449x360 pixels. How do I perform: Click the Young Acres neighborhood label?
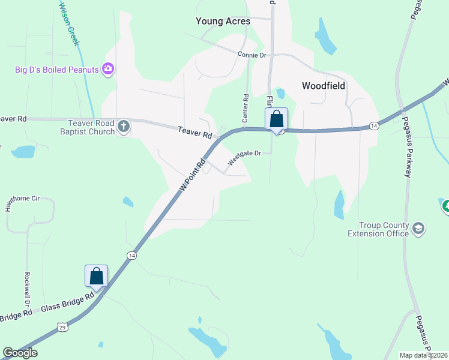223,21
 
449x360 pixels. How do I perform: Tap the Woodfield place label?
324,86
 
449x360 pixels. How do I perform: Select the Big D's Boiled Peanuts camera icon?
108,70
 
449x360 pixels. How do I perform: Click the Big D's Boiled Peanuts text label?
56,70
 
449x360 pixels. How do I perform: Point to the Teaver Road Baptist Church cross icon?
124,126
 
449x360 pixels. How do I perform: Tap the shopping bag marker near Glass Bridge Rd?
97,277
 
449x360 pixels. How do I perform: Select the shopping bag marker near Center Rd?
276,119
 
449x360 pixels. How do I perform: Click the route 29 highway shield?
62,326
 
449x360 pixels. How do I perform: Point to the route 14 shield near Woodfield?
374,125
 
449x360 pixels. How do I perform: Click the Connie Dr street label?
252,55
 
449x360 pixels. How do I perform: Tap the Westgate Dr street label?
244,157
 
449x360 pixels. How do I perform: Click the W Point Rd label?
193,175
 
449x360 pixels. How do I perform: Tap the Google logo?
20,353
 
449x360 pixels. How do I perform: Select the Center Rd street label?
246,108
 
